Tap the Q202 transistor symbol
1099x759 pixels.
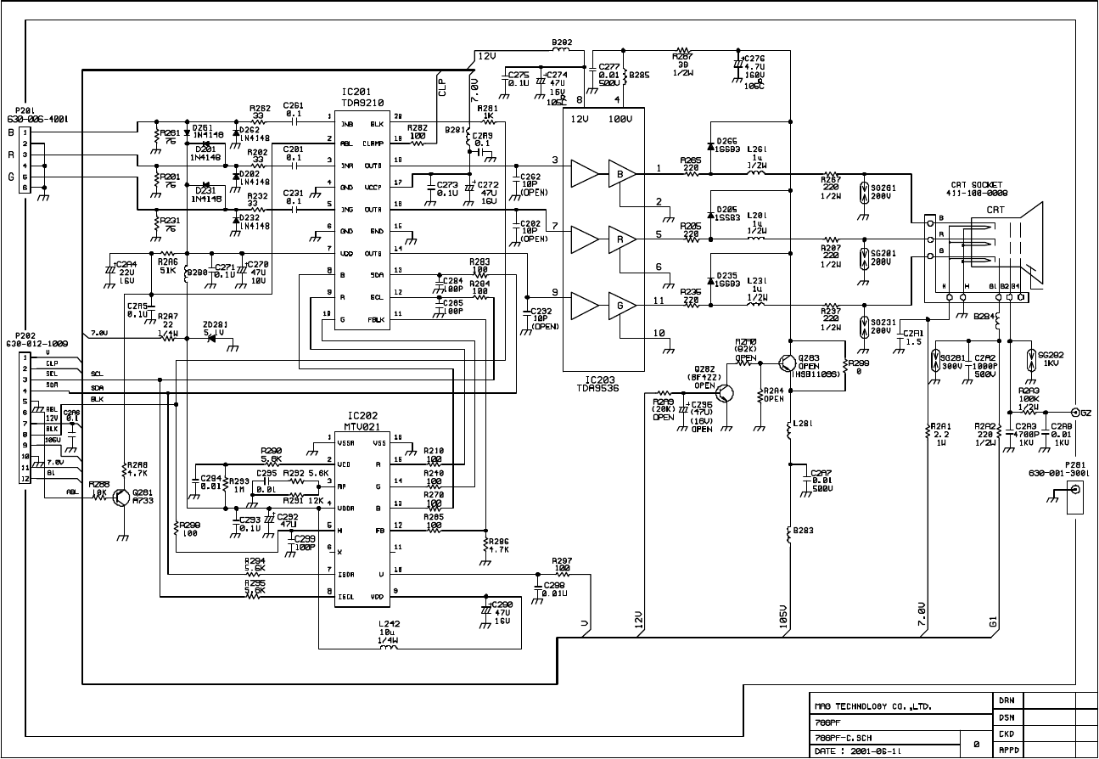[723, 393]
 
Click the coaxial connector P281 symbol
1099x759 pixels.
[1075, 491]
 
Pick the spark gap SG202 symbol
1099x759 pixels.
[1031, 355]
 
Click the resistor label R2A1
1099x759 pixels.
[939, 427]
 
